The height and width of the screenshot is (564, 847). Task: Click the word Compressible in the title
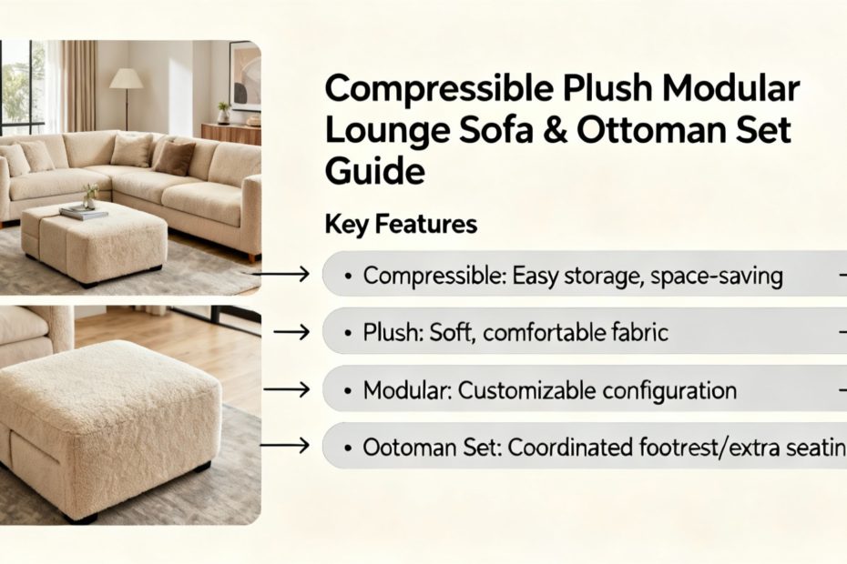[x=440, y=89]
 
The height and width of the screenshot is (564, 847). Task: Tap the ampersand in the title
[x=555, y=131]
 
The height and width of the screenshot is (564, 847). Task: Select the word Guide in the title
[x=375, y=171]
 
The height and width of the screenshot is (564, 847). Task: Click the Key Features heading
[x=401, y=225]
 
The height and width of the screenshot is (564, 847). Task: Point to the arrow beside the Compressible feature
[x=281, y=274]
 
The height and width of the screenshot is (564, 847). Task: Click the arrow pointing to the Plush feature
[x=291, y=331]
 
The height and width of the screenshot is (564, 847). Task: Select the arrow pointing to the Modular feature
[x=287, y=389]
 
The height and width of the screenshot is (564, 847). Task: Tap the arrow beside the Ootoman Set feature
[x=285, y=446]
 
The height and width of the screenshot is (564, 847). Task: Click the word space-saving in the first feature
[x=716, y=277]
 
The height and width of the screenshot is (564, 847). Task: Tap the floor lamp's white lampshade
[x=127, y=78]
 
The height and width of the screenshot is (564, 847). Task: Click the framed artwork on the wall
[x=245, y=76]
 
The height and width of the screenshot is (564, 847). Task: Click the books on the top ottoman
[x=83, y=212]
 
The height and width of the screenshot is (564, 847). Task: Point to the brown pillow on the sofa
[x=175, y=158]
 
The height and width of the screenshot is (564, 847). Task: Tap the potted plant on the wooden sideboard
[x=223, y=113]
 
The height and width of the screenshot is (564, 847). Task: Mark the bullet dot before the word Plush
[x=349, y=332]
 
